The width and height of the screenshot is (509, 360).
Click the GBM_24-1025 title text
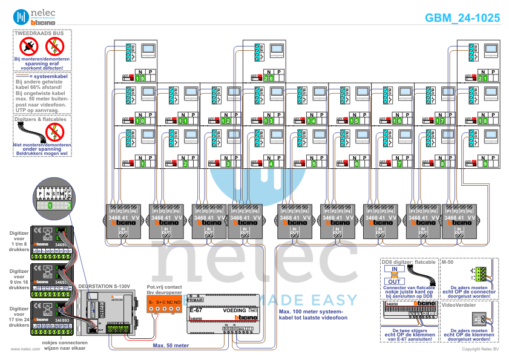[x=462, y=18]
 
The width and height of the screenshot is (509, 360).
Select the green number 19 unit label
[x=140, y=78]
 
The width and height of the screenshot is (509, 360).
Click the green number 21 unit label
[x=482, y=78]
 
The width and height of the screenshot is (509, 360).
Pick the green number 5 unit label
[x=314, y=163]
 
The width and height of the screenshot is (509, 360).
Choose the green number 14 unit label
[x=311, y=121]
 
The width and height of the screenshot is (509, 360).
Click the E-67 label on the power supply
[x=195, y=310]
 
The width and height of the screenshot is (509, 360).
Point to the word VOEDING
[x=234, y=310]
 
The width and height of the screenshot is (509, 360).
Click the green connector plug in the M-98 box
[x=479, y=272]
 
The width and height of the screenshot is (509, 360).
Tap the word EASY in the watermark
[x=337, y=299]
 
